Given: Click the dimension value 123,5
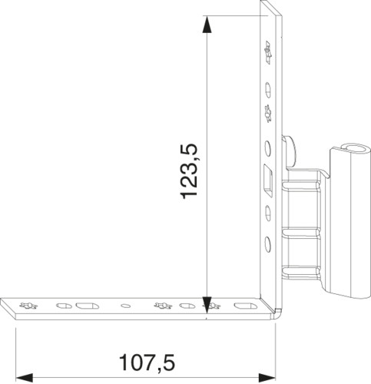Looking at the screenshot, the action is click(x=189, y=171).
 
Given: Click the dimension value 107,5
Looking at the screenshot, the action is click(x=147, y=362).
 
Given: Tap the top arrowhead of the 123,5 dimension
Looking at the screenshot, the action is click(x=207, y=25).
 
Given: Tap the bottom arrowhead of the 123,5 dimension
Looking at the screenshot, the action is click(x=207, y=305).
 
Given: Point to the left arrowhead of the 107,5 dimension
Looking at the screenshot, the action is click(x=25, y=378).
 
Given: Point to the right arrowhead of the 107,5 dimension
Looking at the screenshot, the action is click(x=267, y=378).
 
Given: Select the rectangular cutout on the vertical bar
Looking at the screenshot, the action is click(x=268, y=180).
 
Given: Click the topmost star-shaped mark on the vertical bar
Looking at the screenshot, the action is click(x=268, y=52).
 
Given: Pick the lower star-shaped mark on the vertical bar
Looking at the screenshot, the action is click(x=268, y=114).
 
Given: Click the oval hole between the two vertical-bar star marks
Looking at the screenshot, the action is click(x=268, y=90).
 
